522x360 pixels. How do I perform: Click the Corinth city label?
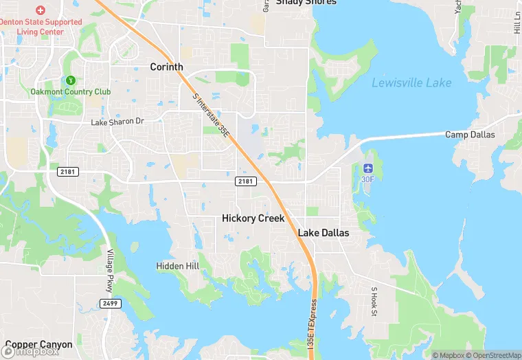pyautogui.click(x=167, y=67)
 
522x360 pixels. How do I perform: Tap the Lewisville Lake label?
pyautogui.click(x=411, y=83)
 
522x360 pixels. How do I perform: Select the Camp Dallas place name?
pyautogui.click(x=470, y=135)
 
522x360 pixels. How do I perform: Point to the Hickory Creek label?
pyautogui.click(x=253, y=218)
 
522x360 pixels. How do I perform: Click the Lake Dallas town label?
pyautogui.click(x=323, y=233)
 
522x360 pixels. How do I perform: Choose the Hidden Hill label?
pyautogui.click(x=177, y=266)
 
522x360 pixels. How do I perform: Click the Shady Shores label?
pyautogui.click(x=306, y=2)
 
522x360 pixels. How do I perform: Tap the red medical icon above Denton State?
pyautogui.click(x=40, y=10)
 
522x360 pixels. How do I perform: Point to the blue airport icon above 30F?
pyautogui.click(x=369, y=168)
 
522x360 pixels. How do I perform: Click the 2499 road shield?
pyautogui.click(x=109, y=303)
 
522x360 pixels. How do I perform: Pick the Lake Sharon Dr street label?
pyautogui.click(x=118, y=122)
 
